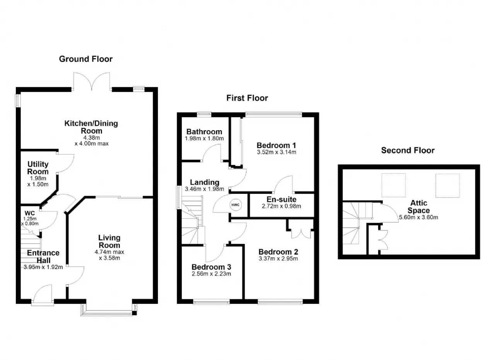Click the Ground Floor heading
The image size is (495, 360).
tap(86, 59)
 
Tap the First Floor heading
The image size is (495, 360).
tap(247, 98)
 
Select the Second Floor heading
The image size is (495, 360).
tap(408, 150)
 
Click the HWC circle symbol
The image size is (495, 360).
tap(236, 205)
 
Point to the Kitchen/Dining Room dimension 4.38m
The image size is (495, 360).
tap(92, 138)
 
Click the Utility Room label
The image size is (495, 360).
tap(38, 168)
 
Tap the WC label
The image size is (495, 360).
tap(30, 213)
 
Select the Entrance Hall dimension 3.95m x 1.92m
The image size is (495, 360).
tap(43, 267)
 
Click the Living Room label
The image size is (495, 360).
tap(109, 241)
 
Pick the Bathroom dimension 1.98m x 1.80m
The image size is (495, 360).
tap(204, 138)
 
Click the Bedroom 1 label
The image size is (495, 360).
tap(276, 145)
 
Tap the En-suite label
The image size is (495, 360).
tap(281, 200)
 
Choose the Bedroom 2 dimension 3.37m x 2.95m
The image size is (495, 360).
tap(278, 258)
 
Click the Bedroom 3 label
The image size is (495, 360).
tap(211, 267)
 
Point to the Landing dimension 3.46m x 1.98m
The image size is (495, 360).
tap(205, 189)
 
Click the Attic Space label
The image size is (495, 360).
tap(418, 206)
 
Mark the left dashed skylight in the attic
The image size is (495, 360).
tap(394, 185)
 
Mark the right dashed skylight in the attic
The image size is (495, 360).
tap(447, 186)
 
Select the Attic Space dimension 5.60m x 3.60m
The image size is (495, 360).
tap(418, 217)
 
